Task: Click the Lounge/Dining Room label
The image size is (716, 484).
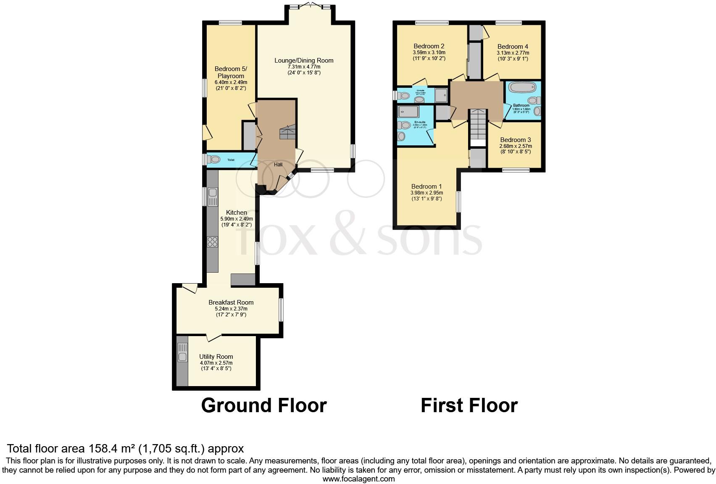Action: click(x=304, y=60)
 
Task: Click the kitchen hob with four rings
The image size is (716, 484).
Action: click(x=213, y=242)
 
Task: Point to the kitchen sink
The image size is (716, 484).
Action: click(x=213, y=193)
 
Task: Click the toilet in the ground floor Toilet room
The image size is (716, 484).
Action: click(x=215, y=160)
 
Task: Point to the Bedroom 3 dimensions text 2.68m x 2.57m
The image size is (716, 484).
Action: click(x=515, y=146)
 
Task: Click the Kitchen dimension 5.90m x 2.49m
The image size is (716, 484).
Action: click(x=237, y=219)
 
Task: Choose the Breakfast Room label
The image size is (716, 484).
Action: click(x=231, y=302)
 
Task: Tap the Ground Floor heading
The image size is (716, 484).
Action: click(x=264, y=405)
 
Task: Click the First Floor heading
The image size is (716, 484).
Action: click(x=469, y=405)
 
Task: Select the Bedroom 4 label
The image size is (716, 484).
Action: click(x=513, y=47)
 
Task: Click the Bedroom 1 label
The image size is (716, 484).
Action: click(x=426, y=187)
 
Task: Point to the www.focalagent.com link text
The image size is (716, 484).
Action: click(x=358, y=479)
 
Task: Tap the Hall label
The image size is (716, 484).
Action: click(x=278, y=165)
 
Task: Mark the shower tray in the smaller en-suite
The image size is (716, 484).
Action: click(x=441, y=95)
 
